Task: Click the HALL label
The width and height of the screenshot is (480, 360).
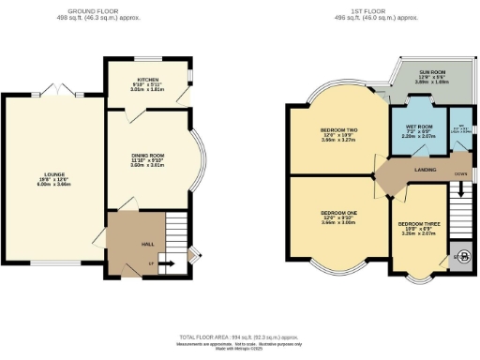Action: point(147,244)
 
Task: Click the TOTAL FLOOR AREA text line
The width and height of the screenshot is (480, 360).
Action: point(240,336)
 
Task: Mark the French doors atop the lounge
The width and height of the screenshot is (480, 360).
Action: point(61,90)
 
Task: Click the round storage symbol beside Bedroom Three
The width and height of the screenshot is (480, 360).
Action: point(459,256)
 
